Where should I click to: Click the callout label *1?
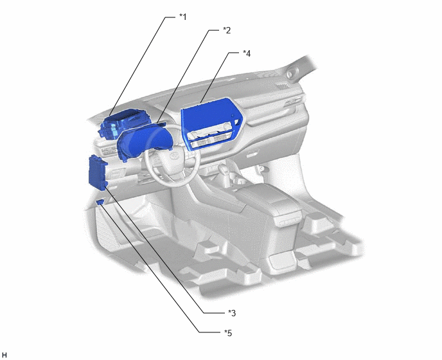tap(183, 17)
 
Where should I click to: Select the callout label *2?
tap(227, 30)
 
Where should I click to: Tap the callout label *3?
tap(232, 312)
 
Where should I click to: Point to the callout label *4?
tap(247, 53)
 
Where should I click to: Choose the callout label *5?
tap(228, 333)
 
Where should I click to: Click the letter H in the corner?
tap(4, 355)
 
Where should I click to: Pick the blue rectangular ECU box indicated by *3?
tap(98, 173)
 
